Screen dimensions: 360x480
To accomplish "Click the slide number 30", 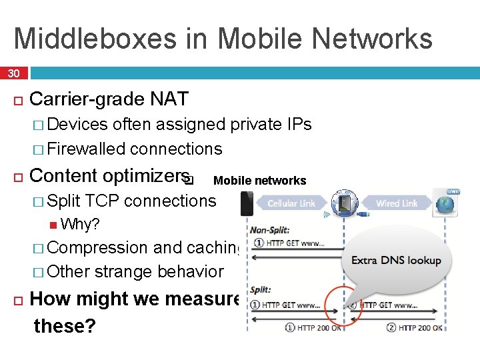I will click(13, 73).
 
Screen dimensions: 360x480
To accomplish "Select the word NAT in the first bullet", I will click(169, 99).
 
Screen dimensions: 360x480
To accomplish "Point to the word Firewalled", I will click(87, 149).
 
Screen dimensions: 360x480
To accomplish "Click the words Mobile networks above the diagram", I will click(259, 181).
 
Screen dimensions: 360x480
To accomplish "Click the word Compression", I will click(98, 247).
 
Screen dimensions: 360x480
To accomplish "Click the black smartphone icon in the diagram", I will click(247, 203).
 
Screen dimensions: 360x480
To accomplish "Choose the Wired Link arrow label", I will click(397, 203).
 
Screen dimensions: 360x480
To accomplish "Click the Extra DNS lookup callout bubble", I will click(396, 259).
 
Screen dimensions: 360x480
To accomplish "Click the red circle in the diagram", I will click(341, 305).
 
